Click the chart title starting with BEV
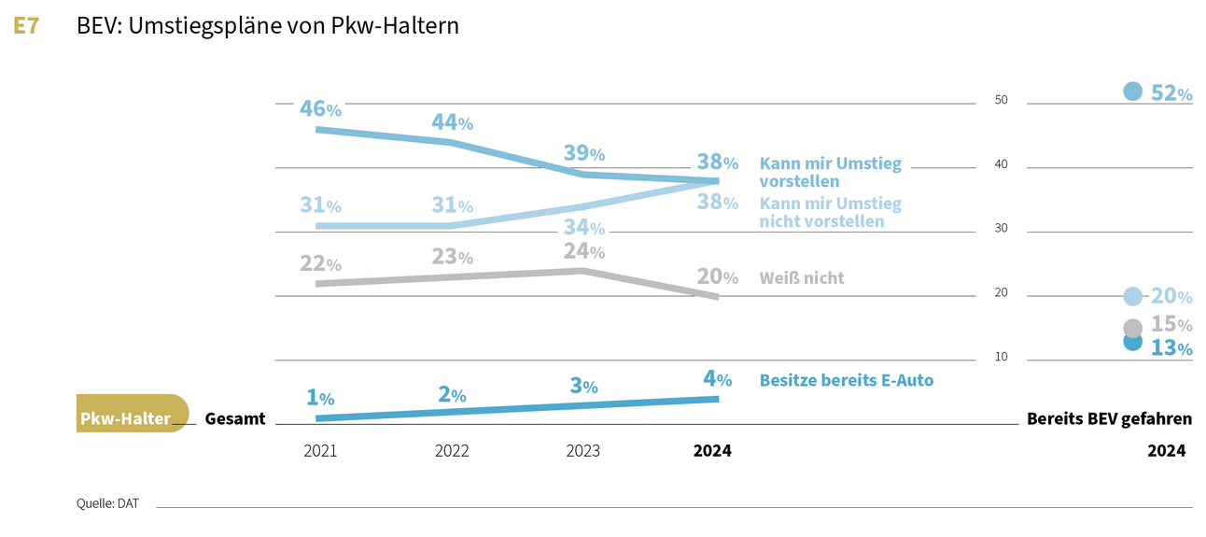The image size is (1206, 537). tap(268, 26)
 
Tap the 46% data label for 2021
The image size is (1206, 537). tap(320, 107)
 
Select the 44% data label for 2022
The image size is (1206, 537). tap(452, 121)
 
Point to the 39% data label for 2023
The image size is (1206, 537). tap(583, 153)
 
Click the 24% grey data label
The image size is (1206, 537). tap(583, 250)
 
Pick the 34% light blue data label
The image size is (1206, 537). tap(583, 227)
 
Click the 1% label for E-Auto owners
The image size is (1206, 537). tap(320, 397)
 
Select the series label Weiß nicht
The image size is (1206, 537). tap(802, 277)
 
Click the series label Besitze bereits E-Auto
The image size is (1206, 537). tap(846, 380)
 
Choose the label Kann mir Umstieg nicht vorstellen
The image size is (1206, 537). tap(830, 212)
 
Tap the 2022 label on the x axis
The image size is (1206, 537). tap(452, 451)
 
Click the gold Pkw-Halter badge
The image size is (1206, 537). tap(132, 414)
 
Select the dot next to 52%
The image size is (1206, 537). tap(1132, 91)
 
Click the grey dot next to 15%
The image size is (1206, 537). tap(1132, 328)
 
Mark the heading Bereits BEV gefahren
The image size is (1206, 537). tap(1109, 419)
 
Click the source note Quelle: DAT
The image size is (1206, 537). tap(107, 504)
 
